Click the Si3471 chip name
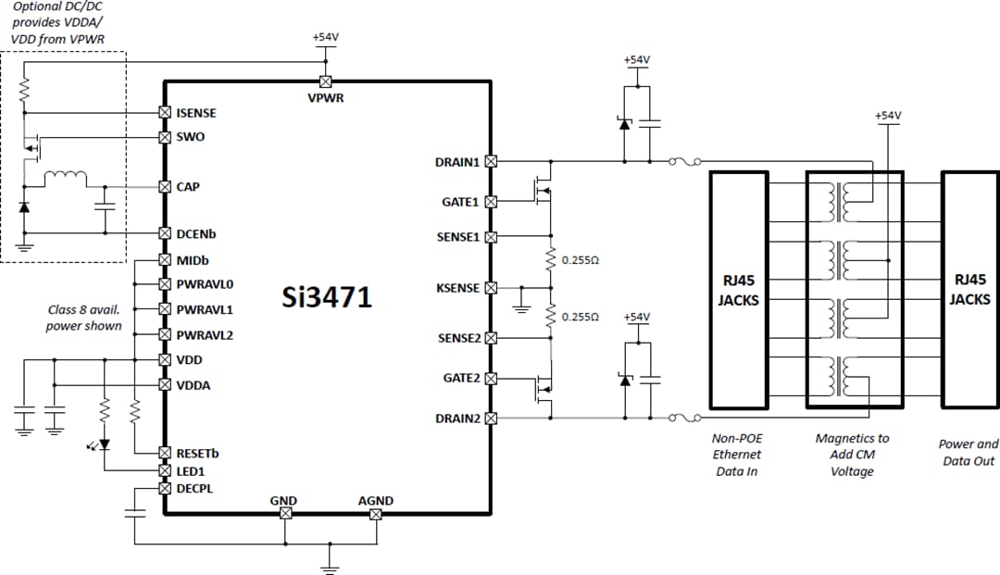click(327, 297)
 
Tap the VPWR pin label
click(326, 97)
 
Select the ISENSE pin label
click(196, 113)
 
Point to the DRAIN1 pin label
click(457, 162)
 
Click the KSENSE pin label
click(457, 288)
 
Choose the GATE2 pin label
click(460, 378)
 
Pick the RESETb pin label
click(199, 454)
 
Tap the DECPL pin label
click(194, 488)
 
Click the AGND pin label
click(376, 501)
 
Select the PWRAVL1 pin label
click(205, 309)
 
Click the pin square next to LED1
click(165, 471)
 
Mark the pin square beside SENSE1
click(491, 237)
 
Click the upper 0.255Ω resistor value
click(581, 261)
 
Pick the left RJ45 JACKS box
click(738, 290)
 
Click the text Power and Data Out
click(969, 452)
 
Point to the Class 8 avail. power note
click(84, 318)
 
